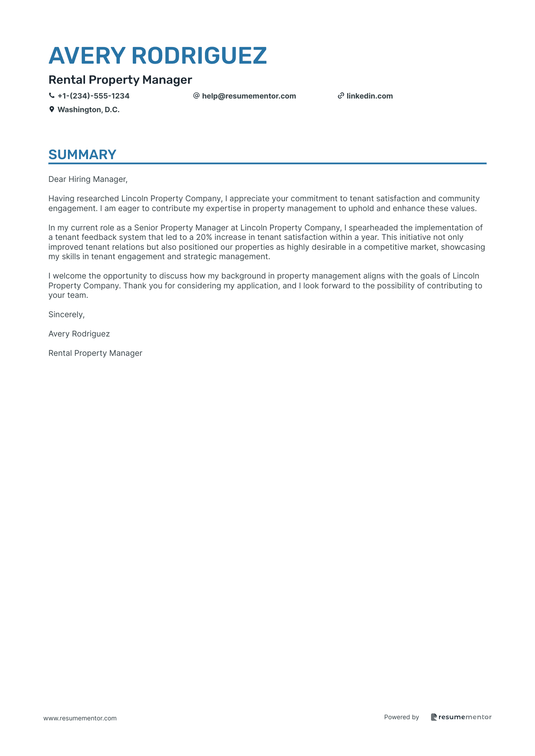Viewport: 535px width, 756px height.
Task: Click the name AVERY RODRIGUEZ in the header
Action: click(x=157, y=56)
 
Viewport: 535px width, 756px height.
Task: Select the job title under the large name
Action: click(x=120, y=80)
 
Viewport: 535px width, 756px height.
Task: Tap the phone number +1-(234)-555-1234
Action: click(x=93, y=96)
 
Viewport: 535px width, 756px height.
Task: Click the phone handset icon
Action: click(x=52, y=96)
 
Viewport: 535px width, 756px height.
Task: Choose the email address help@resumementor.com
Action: click(x=249, y=96)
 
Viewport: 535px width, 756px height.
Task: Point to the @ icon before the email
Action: click(x=196, y=96)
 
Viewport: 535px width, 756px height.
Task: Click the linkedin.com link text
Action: click(x=370, y=96)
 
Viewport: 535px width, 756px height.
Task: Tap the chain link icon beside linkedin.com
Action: click(x=341, y=96)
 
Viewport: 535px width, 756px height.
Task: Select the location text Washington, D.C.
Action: click(x=88, y=110)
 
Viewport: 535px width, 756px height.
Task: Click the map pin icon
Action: click(x=52, y=110)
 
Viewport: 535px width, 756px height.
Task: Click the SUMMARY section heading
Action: click(x=82, y=155)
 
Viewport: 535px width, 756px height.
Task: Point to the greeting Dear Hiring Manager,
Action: click(x=88, y=179)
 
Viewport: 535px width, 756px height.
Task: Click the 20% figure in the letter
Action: click(x=204, y=237)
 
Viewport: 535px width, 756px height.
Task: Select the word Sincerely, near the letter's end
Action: click(x=66, y=315)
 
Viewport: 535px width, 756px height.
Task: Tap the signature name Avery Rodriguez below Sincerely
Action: click(x=79, y=334)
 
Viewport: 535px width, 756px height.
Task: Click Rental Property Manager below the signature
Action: click(x=95, y=353)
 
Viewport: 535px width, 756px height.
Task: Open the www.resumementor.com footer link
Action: click(x=80, y=718)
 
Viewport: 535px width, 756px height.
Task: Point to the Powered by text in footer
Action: click(x=401, y=717)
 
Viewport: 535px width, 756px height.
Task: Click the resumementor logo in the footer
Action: click(x=461, y=717)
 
